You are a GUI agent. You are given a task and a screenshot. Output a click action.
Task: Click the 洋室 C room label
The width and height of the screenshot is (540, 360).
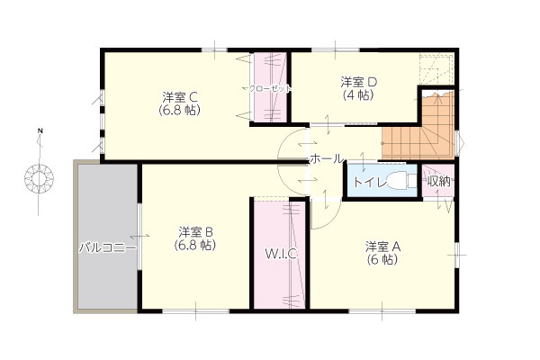point(180,97)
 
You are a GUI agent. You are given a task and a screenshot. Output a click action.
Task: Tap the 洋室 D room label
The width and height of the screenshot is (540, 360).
point(359,82)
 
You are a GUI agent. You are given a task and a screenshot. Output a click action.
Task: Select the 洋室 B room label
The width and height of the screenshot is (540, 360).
point(195,232)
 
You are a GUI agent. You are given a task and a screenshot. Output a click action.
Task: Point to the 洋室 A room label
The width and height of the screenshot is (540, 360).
point(383,247)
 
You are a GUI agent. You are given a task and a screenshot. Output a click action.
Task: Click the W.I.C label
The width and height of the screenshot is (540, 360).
point(281,254)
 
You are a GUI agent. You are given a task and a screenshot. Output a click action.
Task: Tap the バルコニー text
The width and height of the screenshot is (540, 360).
point(107,247)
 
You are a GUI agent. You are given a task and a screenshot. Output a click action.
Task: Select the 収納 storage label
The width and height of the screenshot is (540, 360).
point(439,181)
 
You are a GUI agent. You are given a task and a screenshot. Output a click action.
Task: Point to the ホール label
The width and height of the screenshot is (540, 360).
point(326,158)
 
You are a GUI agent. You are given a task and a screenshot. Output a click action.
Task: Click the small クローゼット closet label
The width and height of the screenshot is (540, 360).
point(270,88)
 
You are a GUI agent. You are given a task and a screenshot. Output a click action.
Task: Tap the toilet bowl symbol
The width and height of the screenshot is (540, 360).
point(401,180)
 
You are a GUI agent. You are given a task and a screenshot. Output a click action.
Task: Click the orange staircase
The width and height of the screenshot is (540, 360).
point(418,134)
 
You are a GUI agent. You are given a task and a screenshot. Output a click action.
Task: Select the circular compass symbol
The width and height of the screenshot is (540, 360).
point(40,178)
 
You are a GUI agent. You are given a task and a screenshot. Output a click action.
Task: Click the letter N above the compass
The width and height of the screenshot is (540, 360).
point(40,130)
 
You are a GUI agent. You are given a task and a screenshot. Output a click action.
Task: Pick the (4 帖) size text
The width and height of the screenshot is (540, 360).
point(358,94)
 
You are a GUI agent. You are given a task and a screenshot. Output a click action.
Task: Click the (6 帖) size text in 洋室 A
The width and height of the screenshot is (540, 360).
point(382,259)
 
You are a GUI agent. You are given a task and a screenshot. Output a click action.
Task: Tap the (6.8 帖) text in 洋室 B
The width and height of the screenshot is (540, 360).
point(195,245)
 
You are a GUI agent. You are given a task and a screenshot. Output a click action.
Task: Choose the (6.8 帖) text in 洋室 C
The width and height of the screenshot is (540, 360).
point(179,110)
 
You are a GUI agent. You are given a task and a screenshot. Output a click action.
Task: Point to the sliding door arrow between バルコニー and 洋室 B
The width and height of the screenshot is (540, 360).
point(139,236)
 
